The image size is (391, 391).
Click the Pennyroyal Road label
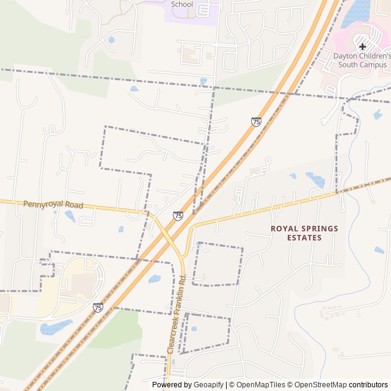point(53,205)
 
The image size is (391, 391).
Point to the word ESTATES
point(304,238)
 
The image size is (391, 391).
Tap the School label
point(182,4)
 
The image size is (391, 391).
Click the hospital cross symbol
point(362,46)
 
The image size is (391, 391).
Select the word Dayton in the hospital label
point(346,56)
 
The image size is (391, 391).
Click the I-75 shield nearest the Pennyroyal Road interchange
point(178,216)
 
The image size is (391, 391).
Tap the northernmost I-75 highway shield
point(256,122)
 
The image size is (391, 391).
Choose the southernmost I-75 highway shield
point(98,307)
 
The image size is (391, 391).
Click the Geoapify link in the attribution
point(209,385)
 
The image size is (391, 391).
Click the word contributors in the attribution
point(368,385)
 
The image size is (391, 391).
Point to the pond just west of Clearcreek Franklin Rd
point(155,279)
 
